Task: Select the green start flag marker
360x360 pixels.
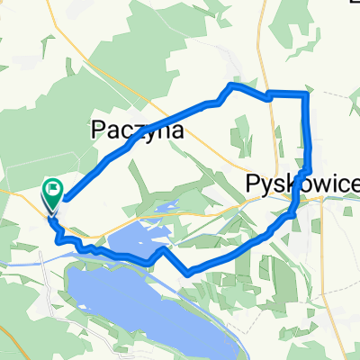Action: tap(52, 191)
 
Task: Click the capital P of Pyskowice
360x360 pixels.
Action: tap(252, 185)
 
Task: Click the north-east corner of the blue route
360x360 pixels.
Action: tap(308, 93)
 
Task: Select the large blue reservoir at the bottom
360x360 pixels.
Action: tap(144, 306)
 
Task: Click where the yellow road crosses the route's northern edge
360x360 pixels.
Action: tap(268, 94)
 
